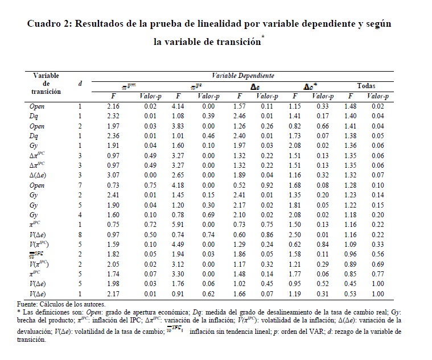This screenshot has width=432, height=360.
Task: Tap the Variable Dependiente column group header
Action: click(242, 75)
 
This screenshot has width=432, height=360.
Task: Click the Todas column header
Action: click(366, 86)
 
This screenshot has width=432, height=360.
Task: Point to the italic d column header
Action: click(80, 84)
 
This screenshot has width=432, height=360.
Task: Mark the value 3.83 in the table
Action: click(178, 125)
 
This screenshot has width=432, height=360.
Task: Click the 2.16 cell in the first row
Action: click(113, 106)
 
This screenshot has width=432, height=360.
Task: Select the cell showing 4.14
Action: click(178, 106)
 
